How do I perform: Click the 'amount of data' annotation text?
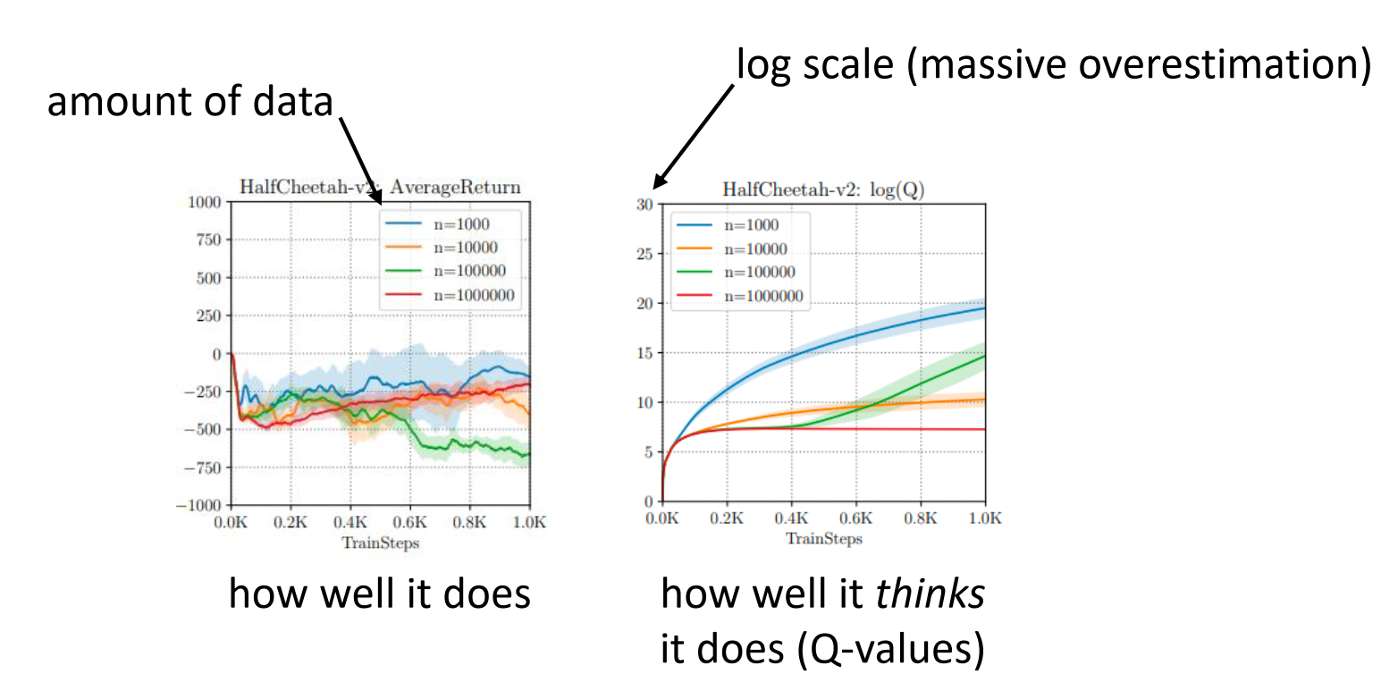pyautogui.click(x=189, y=104)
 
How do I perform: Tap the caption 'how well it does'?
pyautogui.click(x=380, y=594)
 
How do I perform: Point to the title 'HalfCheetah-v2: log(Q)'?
pyautogui.click(x=822, y=189)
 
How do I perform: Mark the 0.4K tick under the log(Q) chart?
pyautogui.click(x=791, y=518)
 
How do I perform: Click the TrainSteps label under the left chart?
pyautogui.click(x=381, y=542)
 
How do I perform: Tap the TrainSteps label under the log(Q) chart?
pyautogui.click(x=823, y=538)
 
